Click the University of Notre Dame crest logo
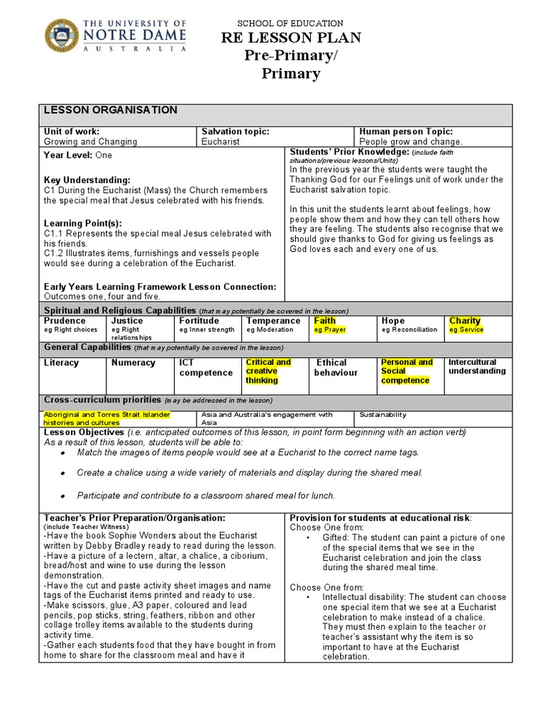pos(62,35)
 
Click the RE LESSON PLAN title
pos(291,38)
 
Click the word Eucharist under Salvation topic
pos(221,141)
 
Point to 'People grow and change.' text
pos(410,141)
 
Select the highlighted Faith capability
pos(325,321)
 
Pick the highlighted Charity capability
pos(465,321)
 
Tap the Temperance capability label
pos(273,321)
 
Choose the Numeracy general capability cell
pos(133,363)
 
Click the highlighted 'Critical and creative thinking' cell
pos(268,371)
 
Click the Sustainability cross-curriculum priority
pos(382,415)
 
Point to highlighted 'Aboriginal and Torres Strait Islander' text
pos(108,415)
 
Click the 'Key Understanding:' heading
pos(87,180)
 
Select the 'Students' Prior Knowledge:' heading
pos(348,152)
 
